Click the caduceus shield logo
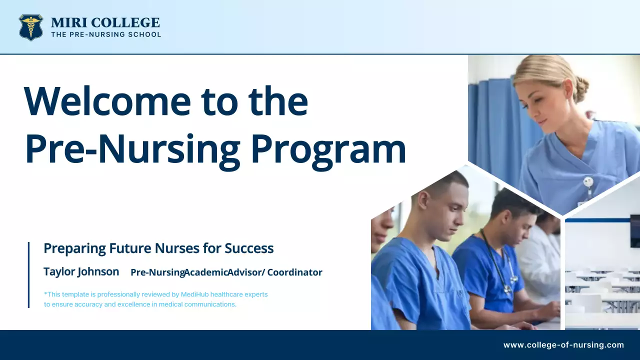[30, 27]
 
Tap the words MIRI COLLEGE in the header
[105, 22]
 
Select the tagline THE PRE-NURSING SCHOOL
[106, 35]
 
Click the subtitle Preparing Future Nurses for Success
[158, 248]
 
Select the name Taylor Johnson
[81, 271]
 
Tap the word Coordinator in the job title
[294, 272]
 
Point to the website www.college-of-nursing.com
[563, 345]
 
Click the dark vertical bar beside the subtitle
[28, 274]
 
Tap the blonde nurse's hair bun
[580, 89]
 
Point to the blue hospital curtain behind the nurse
[492, 125]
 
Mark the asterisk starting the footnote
[45, 294]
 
